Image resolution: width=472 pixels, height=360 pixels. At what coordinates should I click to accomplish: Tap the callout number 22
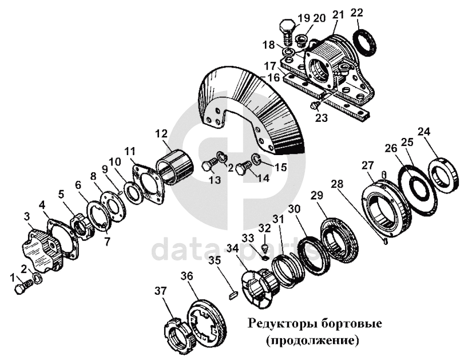point(357,13)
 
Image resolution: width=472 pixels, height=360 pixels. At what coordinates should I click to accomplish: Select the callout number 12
point(162,133)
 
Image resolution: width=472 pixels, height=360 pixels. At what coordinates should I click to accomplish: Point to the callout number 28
point(337,184)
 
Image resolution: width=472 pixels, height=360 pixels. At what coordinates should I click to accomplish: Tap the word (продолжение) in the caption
point(313,341)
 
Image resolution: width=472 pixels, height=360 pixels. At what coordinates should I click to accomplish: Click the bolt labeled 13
point(209,165)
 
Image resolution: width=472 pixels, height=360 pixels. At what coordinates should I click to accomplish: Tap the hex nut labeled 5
point(82,227)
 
